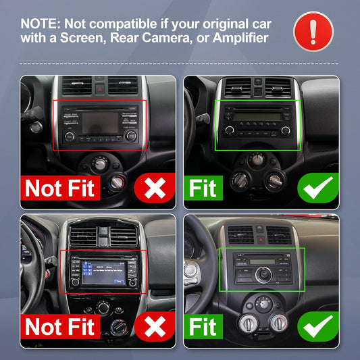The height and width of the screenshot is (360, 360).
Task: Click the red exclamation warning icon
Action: coord(313,32)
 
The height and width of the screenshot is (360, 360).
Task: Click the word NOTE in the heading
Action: coord(39,24)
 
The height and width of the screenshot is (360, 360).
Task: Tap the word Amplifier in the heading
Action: coord(240,38)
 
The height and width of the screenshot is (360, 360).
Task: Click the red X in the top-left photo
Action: coord(155,188)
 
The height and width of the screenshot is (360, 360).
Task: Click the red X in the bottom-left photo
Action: coord(155,326)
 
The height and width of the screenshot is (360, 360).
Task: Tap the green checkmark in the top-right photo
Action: coord(318,188)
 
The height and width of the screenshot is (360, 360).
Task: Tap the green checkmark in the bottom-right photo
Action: coord(318,326)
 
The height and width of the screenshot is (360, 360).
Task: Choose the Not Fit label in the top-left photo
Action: coord(60,188)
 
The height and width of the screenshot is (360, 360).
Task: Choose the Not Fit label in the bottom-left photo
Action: coord(60,326)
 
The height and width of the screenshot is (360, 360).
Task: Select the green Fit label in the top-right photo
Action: coord(203,188)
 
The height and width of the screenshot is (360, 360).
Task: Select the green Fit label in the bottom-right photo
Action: coord(203,326)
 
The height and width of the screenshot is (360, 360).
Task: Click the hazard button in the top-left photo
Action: coord(100,89)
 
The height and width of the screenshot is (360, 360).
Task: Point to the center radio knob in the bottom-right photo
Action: coord(263,275)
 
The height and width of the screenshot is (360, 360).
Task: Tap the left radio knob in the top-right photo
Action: coord(230,130)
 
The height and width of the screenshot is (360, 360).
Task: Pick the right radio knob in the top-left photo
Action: coord(131,136)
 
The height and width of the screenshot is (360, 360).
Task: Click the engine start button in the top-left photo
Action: coord(36,127)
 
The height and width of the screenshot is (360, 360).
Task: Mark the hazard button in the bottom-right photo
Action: coord(260,240)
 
